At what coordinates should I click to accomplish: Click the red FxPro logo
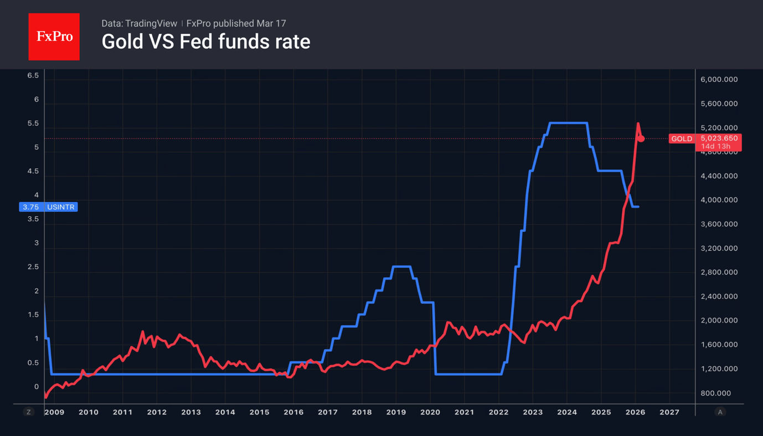coord(54,37)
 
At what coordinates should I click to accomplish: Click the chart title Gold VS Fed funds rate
coord(205,41)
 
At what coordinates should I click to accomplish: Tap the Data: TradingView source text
coord(139,23)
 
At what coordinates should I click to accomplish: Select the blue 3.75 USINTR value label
coord(48,207)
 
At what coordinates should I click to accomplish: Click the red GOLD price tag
coord(682,139)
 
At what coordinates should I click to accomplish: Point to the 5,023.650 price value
coord(719,138)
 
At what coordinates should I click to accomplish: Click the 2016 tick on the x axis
coord(293,412)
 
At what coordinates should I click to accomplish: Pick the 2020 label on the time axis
coord(430,412)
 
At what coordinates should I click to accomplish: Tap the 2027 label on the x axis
coord(669,412)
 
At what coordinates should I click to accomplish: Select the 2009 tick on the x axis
coord(54,412)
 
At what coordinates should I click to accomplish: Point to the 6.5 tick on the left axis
coord(33,75)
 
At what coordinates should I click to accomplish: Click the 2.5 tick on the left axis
coord(33,267)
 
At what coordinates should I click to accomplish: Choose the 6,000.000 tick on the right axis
coord(719,80)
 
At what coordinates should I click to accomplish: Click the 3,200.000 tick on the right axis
coord(719,248)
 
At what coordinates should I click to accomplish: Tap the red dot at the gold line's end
coord(641,139)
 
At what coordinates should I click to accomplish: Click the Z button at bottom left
coord(29,412)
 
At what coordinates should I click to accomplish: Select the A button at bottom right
coord(720,412)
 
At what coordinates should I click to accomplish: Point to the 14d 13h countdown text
coord(715,147)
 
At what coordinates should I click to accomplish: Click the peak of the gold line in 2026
coord(638,123)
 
